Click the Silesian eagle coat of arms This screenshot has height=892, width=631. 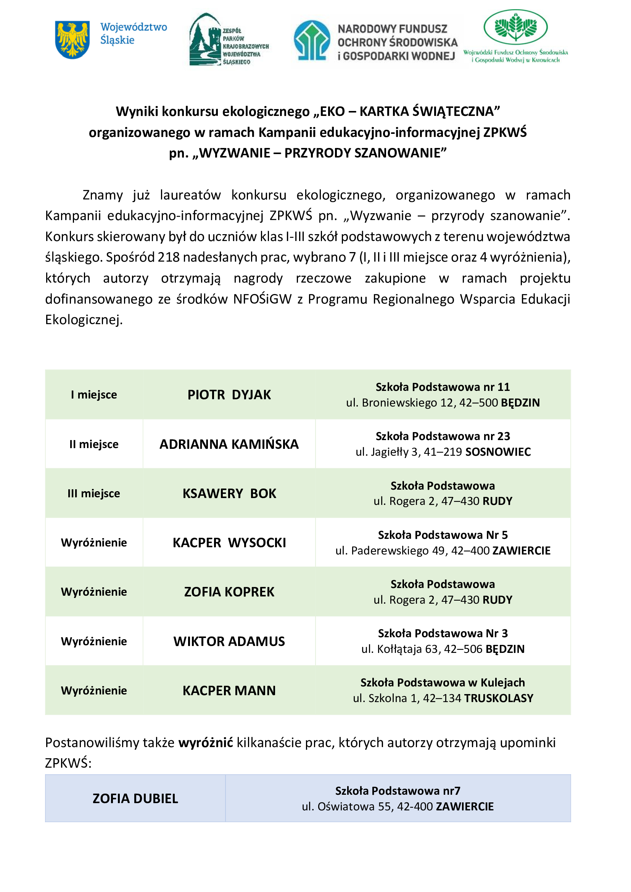coord(72,40)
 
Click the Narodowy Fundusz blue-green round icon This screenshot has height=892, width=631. coord(312,40)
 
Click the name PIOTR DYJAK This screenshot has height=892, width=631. coord(229,395)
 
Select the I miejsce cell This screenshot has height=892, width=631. coord(93,395)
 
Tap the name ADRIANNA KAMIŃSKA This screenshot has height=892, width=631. coord(229,444)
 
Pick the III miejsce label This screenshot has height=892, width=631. coord(93,493)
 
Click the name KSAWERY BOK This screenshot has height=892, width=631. coord(229,493)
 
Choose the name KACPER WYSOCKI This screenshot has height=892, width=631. coord(229,543)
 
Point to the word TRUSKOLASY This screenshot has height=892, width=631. coord(499,698)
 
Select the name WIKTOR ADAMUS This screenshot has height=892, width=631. coord(229,641)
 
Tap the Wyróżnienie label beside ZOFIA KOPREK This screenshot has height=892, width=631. coord(93,592)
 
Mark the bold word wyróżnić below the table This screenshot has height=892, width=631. coord(206,743)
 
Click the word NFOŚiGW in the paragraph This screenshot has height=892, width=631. coord(262,299)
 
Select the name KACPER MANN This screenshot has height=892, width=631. coord(229,691)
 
